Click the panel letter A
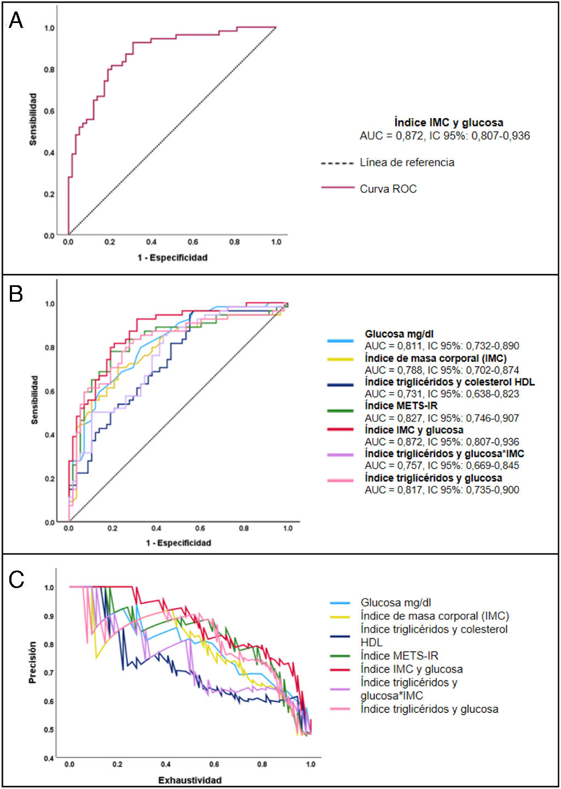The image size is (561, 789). click(16, 21)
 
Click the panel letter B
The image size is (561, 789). click(16, 294)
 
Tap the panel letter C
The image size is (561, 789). click(16, 580)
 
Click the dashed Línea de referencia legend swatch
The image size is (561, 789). click(337, 163)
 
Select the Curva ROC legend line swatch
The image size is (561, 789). click(338, 188)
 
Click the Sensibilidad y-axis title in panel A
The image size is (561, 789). click(33, 119)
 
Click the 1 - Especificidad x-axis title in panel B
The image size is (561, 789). click(178, 543)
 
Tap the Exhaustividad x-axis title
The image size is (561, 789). click(190, 780)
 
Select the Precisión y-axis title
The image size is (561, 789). click(32, 663)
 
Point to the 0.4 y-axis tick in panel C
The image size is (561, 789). click(49, 758)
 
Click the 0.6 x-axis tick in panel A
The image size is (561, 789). click(193, 242)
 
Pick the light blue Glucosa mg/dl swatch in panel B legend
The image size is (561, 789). click(340, 341)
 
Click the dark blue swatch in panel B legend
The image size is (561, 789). click(340, 385)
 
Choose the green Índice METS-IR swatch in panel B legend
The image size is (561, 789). click(340, 411)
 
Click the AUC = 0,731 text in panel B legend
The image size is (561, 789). click(442, 394)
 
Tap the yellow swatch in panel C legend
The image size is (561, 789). click(340, 617)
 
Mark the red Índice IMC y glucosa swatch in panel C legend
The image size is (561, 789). click(340, 669)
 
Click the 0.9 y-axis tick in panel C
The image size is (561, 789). click(49, 617)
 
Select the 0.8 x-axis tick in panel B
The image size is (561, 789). click(244, 528)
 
